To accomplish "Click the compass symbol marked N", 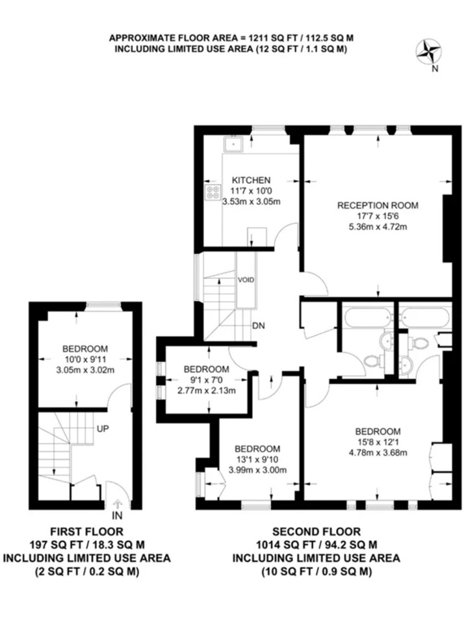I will click(x=428, y=52).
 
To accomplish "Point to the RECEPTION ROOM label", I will click(x=378, y=205).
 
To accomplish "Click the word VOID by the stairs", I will click(x=246, y=280).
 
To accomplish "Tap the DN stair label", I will click(x=259, y=326).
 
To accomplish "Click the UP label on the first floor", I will click(x=103, y=430).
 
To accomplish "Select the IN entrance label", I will click(x=116, y=516).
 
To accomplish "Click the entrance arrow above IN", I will click(x=117, y=502).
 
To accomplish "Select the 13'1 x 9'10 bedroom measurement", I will click(x=257, y=460).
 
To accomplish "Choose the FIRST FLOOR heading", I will click(x=87, y=532).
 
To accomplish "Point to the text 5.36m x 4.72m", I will click(x=378, y=227).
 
